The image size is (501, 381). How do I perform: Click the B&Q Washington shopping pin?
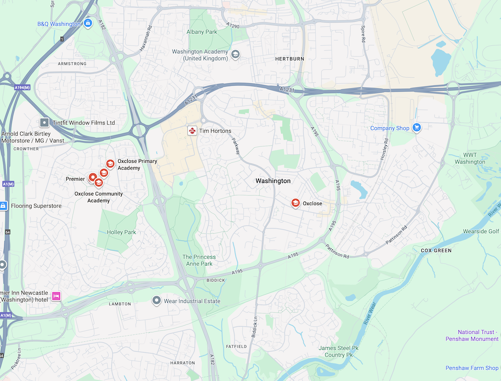[88, 23]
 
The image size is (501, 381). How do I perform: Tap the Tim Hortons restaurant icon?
[192, 130]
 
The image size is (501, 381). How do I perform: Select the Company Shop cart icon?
[416, 128]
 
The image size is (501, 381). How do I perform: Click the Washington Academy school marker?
[235, 54]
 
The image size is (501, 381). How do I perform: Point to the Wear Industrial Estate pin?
[156, 300]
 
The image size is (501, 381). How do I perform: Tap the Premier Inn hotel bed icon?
[56, 296]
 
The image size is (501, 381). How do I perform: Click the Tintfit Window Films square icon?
[44, 122]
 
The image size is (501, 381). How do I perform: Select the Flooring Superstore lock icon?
[4, 206]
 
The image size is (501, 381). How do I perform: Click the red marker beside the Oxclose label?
[296, 203]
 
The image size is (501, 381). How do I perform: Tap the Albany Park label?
[202, 32]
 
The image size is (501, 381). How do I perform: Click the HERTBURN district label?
[290, 59]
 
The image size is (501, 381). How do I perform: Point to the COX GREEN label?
[436, 250]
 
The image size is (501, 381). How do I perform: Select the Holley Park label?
[121, 232]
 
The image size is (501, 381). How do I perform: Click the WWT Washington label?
[470, 158]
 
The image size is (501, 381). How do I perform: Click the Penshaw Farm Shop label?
[472, 368]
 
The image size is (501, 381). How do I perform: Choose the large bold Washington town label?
[273, 180]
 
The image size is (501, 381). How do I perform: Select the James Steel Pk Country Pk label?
[339, 351]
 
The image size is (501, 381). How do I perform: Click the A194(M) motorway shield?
[23, 87]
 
